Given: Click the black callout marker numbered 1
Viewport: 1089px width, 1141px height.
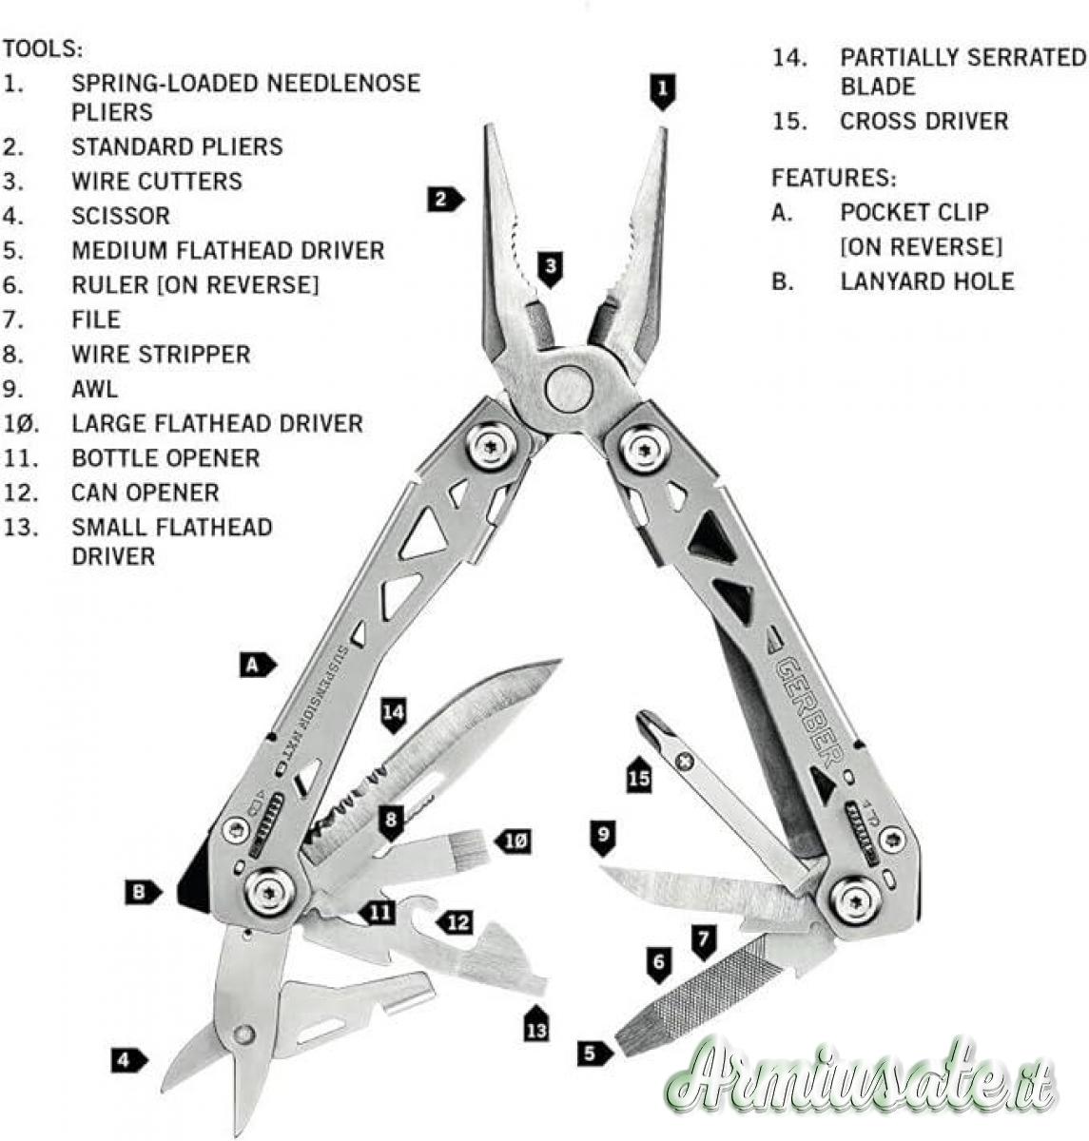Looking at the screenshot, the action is point(662,91).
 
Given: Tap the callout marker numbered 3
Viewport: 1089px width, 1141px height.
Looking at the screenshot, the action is point(551,269).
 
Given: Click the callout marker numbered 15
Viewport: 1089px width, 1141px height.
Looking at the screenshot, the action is point(639,775).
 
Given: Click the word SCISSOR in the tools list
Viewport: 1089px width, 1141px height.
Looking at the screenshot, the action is point(121,216).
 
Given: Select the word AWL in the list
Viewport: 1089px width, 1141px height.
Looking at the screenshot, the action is point(94,389).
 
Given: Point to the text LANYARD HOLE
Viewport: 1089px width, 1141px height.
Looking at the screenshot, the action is point(927,281).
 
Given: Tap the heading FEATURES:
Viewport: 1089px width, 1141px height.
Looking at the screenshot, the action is point(834,178).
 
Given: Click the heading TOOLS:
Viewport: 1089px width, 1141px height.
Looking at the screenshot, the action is point(43,49).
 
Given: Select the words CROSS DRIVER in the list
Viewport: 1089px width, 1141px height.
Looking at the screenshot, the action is point(924,122).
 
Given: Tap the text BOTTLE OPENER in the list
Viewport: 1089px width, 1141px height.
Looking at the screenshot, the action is point(165,458).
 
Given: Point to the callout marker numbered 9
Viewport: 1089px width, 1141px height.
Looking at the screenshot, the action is point(603,837).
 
